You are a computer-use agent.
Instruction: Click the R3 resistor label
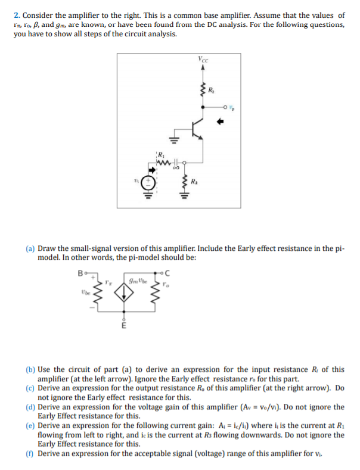coord(211,91)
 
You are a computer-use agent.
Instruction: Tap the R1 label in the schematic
coord(160,154)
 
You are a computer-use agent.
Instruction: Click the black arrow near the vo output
coord(219,123)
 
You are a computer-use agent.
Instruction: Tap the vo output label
coord(231,109)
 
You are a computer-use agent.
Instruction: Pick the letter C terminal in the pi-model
coord(167,273)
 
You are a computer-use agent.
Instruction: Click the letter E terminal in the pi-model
coord(124,326)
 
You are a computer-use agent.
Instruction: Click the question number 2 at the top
coord(17,15)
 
